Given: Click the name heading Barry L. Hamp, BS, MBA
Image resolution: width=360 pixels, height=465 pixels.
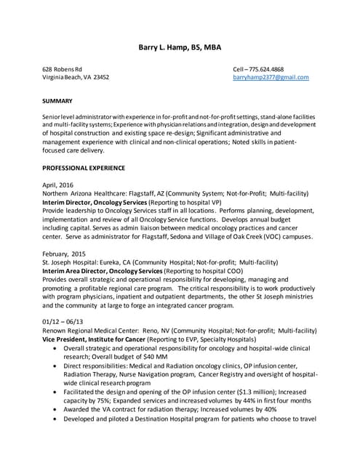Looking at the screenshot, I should click(180, 48).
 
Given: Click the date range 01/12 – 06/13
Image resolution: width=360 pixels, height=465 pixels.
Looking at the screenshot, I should click(63, 320).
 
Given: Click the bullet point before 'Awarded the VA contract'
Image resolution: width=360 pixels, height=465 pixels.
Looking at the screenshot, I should click(57, 408).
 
